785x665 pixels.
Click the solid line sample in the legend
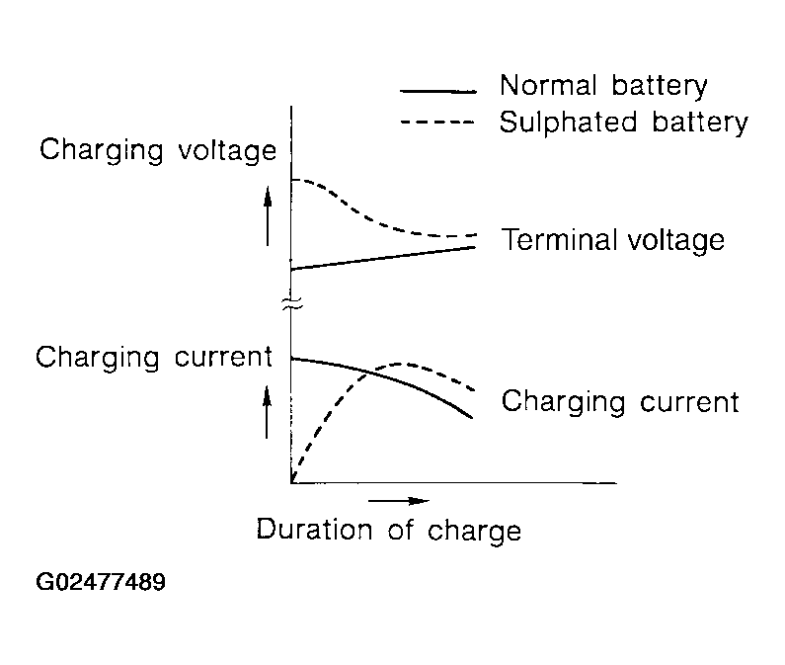point(438,91)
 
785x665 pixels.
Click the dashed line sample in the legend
point(437,122)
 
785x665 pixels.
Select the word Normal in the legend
point(548,85)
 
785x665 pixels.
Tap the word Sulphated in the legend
point(568,123)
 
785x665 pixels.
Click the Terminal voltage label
point(613,240)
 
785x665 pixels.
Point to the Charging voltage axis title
point(158,150)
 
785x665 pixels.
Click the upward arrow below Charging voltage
point(268,216)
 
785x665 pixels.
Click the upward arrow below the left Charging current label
point(268,412)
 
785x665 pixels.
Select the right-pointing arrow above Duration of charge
point(399,501)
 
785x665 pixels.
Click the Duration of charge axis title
point(388,531)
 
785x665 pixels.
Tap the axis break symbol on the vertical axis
point(292,302)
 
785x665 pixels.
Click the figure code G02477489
point(101,582)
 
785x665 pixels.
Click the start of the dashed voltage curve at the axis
point(292,180)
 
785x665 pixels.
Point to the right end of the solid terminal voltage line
point(474,247)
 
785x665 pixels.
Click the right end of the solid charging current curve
point(472,417)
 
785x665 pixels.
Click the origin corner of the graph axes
point(291,482)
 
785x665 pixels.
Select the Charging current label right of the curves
point(620,402)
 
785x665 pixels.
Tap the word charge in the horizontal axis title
point(474,532)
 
